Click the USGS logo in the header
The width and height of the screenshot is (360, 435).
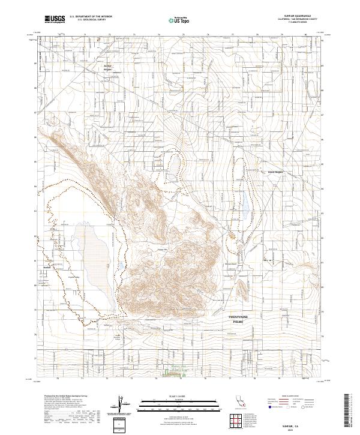pyautogui.click(x=55, y=20)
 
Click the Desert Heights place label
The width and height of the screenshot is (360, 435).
pyautogui.click(x=275, y=172)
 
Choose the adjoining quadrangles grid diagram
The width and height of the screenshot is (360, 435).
pyautogui.click(x=236, y=421)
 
